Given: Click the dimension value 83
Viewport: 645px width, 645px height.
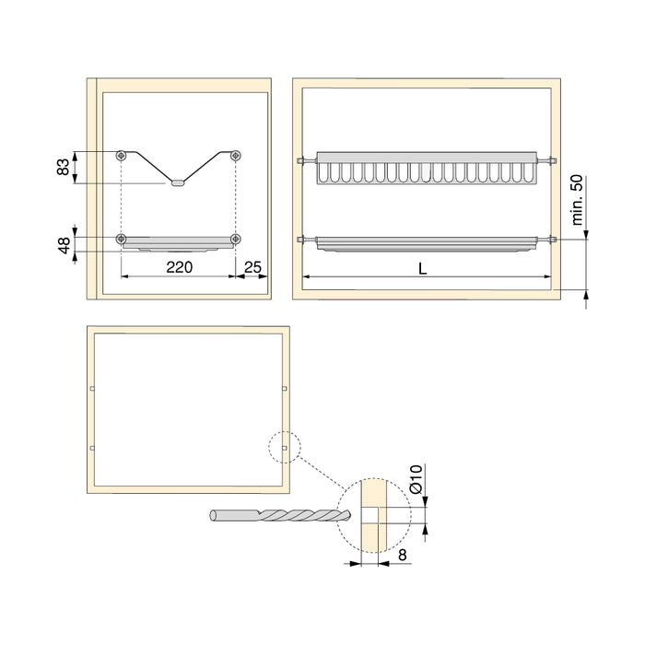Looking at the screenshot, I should click(x=63, y=168).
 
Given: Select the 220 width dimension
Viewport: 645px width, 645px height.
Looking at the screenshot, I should click(x=179, y=269).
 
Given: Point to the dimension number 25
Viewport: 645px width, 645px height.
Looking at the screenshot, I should click(x=253, y=269).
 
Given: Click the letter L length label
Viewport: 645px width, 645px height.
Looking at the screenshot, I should click(x=422, y=269).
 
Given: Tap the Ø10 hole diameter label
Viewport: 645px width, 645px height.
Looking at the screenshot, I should click(x=416, y=482).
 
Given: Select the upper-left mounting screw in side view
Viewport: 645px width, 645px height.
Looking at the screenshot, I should click(x=122, y=156).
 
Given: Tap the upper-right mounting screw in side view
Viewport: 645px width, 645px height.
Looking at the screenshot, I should click(x=236, y=156).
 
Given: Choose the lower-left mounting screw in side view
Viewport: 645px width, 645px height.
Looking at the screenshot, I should click(x=122, y=240).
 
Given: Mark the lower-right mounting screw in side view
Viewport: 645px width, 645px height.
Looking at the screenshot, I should click(x=236, y=240).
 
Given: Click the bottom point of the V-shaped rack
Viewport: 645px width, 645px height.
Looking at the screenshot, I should click(x=178, y=182).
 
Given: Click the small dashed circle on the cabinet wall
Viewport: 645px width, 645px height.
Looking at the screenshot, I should click(x=284, y=448).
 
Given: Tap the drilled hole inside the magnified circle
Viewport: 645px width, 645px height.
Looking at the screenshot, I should click(x=370, y=514).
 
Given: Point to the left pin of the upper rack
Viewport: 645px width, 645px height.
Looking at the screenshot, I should click(x=304, y=161).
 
